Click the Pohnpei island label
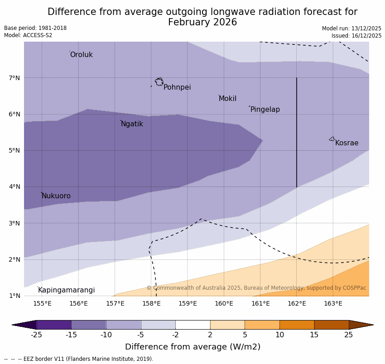[177, 87]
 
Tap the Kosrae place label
[346, 143]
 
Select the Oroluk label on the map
[81, 55]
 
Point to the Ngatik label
[132, 124]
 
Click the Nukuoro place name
[56, 196]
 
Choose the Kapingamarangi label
[66, 290]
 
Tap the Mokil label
[227, 99]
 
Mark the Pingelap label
[265, 110]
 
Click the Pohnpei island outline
[159, 82]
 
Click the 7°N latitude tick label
[14, 78]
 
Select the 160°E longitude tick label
[224, 303]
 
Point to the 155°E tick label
[42, 303]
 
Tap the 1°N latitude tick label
[14, 296]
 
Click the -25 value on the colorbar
[36, 335]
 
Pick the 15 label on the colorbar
[314, 335]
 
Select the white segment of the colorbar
[192, 325]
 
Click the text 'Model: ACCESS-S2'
[28, 35]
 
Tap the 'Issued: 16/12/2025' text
[356, 35]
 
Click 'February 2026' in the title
[202, 22]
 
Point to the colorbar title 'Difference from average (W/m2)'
[192, 347]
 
